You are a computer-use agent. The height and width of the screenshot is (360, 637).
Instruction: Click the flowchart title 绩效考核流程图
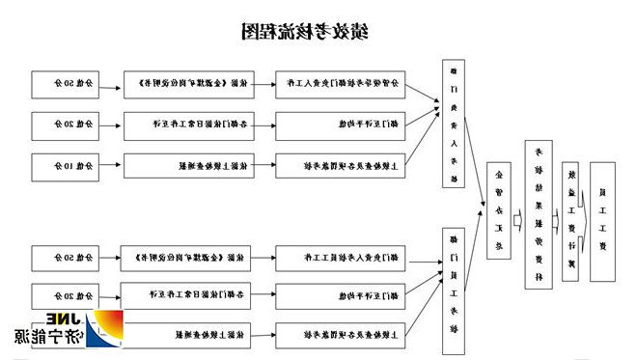(x=304, y=31)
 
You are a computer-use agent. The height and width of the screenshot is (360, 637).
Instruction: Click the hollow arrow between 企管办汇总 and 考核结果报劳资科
(x=519, y=213)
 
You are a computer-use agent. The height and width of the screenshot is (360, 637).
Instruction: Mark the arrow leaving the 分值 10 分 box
(x=110, y=166)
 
